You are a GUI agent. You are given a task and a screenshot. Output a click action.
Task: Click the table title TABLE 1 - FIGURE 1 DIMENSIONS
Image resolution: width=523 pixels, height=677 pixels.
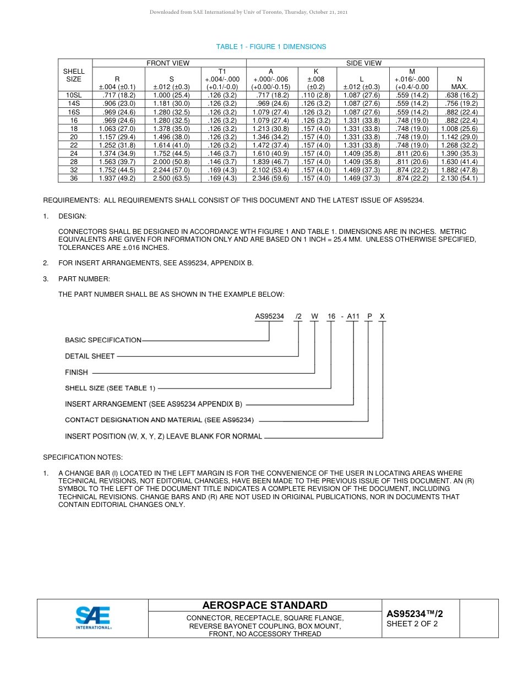point(271,47)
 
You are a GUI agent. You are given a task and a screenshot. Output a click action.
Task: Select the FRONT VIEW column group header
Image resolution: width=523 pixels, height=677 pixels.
point(168,63)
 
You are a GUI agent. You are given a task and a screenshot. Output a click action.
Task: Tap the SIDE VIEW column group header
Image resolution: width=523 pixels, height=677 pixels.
point(363,63)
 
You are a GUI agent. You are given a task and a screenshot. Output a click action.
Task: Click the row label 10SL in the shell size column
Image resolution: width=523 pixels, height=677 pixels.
point(74,95)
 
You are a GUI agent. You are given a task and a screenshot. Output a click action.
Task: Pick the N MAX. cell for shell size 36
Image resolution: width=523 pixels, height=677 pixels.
point(459,178)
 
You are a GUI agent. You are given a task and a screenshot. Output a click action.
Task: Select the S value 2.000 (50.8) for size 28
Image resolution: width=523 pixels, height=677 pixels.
point(171,162)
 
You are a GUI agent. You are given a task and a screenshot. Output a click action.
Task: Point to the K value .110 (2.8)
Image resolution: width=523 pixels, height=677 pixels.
point(315,95)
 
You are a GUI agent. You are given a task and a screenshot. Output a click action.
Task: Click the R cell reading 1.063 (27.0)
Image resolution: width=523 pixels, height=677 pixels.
point(117,128)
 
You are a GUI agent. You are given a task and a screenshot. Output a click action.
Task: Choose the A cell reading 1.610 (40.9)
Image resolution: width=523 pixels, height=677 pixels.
point(270,154)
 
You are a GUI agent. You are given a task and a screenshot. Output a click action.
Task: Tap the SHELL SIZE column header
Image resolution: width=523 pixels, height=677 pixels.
point(74,75)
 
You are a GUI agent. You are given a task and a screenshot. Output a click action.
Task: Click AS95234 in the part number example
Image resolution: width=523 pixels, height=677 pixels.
point(269,316)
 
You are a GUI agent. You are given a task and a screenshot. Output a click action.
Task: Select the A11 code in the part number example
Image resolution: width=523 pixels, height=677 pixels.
point(353,316)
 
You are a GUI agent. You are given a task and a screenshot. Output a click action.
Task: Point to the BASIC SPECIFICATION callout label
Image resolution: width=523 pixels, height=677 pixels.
point(103,340)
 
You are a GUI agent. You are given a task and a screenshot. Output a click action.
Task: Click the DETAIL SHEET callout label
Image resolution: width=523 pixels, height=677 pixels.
point(90,356)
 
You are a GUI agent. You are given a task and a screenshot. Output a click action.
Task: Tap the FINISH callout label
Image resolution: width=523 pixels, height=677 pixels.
point(77,373)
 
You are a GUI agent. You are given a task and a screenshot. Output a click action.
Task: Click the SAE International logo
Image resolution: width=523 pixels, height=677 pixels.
point(93,618)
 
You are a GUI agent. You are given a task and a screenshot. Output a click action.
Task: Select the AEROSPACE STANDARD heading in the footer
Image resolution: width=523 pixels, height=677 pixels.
point(265,605)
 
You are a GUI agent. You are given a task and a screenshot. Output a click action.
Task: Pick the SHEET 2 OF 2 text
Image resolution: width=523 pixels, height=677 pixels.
point(412,624)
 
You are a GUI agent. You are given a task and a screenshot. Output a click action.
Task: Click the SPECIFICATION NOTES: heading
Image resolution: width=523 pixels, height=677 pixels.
point(83,457)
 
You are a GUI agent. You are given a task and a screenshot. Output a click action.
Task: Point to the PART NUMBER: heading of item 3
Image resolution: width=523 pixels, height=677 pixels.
point(84,279)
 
